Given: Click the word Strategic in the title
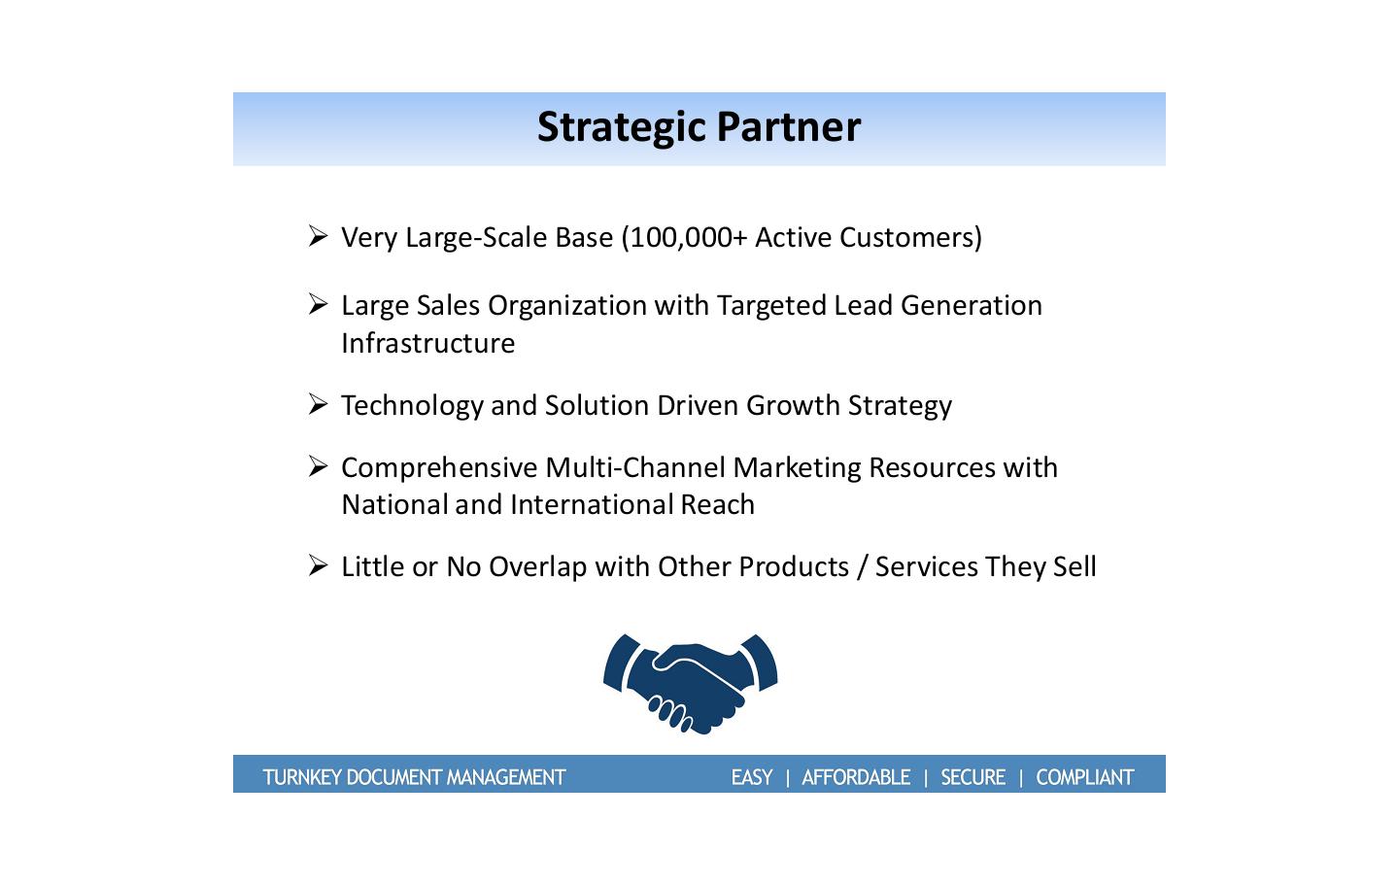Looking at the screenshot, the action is coord(622,128).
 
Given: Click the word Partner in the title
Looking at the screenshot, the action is coord(789,126).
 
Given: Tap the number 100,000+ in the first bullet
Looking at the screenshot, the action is coord(688,238).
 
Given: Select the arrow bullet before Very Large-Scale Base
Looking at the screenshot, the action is coord(318,236).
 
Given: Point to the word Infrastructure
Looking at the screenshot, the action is coord(427,343).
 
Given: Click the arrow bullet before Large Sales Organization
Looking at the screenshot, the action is coord(318,304).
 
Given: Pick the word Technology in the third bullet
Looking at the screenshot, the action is coord(412,406).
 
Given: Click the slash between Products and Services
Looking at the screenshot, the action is coord(862,567).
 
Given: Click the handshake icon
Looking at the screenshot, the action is coord(690,684).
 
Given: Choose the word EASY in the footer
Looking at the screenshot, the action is coord(752,777).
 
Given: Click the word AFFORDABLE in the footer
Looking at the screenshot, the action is coord(856,777).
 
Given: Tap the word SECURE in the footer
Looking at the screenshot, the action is coord(973,777).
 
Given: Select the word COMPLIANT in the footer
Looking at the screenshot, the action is coord(1085,777).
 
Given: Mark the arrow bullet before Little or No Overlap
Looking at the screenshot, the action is coord(318,565).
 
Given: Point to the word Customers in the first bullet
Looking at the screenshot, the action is coord(910,238).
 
